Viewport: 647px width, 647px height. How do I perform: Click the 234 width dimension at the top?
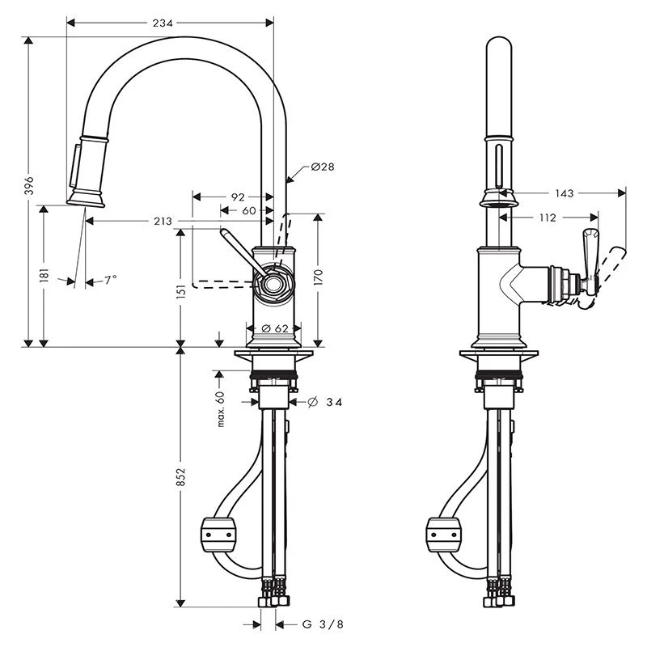[x=163, y=23]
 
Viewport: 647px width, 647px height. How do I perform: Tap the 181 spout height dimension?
[x=44, y=275]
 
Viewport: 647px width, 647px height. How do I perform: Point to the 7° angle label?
[x=110, y=280]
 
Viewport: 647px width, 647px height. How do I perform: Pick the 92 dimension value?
[x=237, y=196]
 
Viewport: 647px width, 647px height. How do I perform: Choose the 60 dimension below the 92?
[x=248, y=210]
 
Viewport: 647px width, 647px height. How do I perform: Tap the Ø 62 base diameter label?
[x=276, y=328]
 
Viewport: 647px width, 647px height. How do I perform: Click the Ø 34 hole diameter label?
[x=326, y=402]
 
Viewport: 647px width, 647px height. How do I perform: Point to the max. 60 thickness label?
[x=219, y=408]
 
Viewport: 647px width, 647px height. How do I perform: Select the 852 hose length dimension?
[x=181, y=477]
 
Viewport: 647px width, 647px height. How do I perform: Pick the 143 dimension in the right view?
[x=565, y=192]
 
